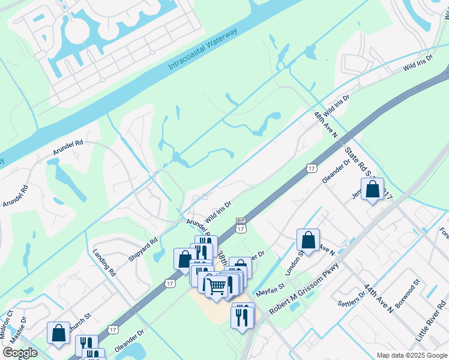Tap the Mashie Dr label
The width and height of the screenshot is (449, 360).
pyautogui.click(x=19, y=334)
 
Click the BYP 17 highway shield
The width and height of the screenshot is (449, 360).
pyautogui.click(x=241, y=225)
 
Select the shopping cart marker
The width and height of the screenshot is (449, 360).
pyautogui.click(x=217, y=286)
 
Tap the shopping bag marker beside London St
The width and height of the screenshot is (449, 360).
pyautogui.click(x=308, y=241)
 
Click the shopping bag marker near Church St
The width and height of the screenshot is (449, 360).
pyautogui.click(x=59, y=333)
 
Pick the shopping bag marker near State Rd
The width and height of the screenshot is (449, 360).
pyautogui.click(x=372, y=189)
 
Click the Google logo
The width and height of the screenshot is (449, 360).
pyautogui.click(x=20, y=353)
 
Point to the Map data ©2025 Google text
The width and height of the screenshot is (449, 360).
pyautogui.click(x=411, y=355)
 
